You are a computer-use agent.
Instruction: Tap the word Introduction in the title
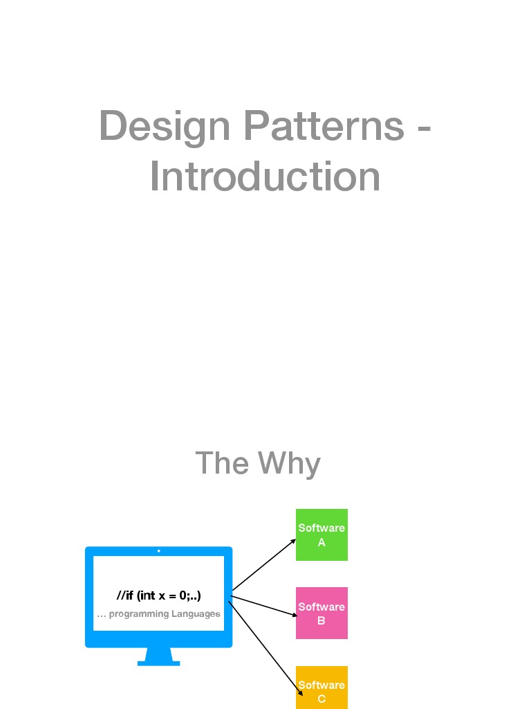[x=265, y=177]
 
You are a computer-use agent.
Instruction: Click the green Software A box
[x=322, y=535]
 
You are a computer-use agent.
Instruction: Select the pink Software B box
[x=322, y=613]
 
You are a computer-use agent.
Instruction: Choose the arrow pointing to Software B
[x=266, y=604]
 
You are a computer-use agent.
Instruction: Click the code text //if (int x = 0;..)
[x=159, y=595]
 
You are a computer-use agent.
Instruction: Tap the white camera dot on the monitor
[x=159, y=551]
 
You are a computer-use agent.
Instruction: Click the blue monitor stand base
[x=158, y=663]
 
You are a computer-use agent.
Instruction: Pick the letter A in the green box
[x=322, y=543]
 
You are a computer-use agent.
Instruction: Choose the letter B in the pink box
[x=322, y=621]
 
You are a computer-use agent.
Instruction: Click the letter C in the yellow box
[x=322, y=699]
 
